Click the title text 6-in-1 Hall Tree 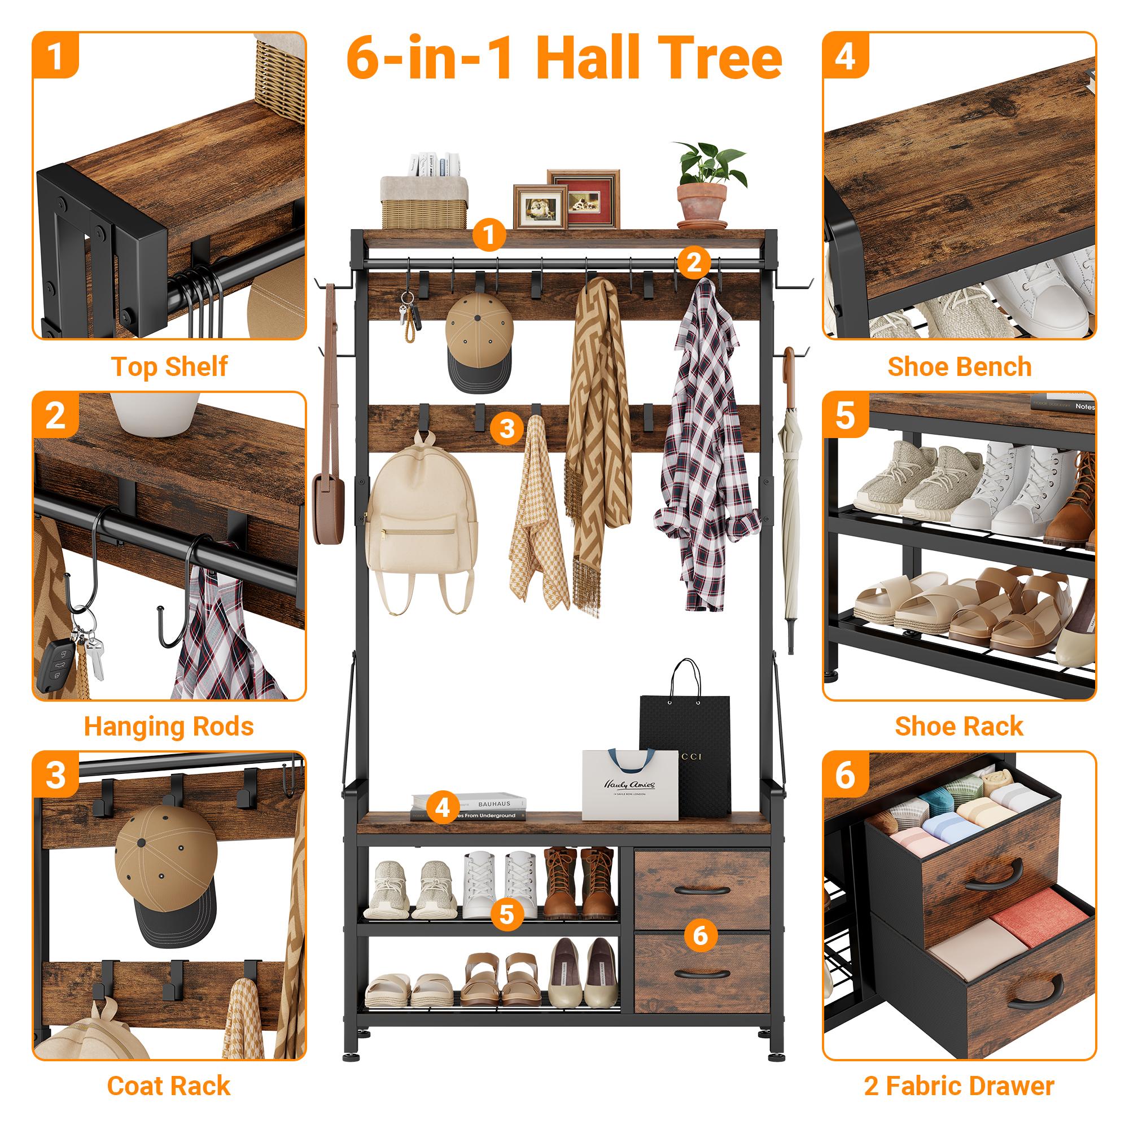tap(564, 59)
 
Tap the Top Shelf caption tap(169, 367)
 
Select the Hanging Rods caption tap(169, 727)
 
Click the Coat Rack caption tap(169, 1086)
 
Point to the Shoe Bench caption tap(959, 367)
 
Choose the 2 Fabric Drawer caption tap(959, 1086)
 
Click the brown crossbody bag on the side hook tap(328, 502)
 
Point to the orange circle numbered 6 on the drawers tap(700, 935)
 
